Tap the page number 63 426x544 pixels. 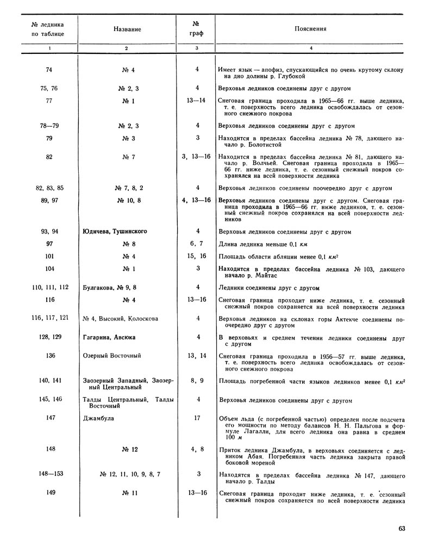402,528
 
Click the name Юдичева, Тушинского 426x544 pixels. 115,231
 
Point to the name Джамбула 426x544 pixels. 97,418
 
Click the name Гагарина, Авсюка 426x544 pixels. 109,337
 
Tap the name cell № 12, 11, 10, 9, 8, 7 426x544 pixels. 130,474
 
